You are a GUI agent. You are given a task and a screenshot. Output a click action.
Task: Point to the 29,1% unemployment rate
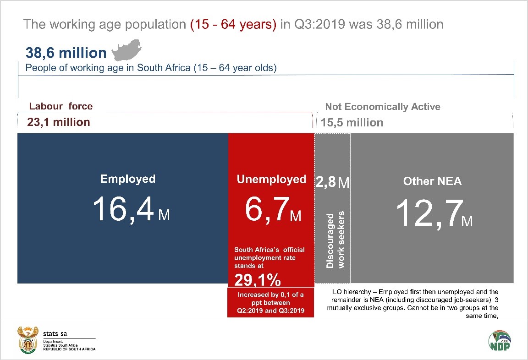click(258, 280)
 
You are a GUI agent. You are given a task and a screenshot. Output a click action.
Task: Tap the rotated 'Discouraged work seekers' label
click(335, 240)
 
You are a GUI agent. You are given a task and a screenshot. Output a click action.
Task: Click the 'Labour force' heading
click(60, 106)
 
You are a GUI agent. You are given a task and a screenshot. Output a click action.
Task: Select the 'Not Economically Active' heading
click(382, 107)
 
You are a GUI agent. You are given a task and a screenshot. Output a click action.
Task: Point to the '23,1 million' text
click(59, 122)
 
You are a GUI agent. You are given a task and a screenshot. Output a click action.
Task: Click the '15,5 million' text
click(352, 122)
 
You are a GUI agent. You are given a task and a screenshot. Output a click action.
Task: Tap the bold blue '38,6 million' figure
click(66, 53)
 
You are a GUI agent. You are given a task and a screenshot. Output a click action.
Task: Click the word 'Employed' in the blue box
click(128, 179)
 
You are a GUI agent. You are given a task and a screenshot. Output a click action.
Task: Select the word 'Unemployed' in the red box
click(271, 179)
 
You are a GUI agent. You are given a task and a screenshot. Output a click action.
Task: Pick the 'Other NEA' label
click(432, 181)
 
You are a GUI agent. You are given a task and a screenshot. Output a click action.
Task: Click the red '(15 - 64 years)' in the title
click(233, 24)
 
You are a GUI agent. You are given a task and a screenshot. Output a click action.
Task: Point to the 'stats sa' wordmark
click(55, 333)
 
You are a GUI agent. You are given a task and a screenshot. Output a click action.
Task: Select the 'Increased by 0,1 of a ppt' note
click(270, 302)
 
